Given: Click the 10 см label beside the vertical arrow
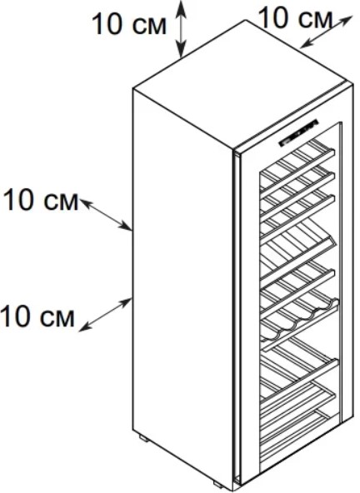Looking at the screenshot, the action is pyautogui.click(x=129, y=24).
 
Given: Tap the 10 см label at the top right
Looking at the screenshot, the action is pyautogui.click(x=296, y=17).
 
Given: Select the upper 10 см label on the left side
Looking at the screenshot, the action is pyautogui.click(x=41, y=200).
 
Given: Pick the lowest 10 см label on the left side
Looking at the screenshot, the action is pyautogui.click(x=37, y=316).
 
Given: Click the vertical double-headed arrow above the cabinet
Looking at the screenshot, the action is pyautogui.click(x=181, y=29).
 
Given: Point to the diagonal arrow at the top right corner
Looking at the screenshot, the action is pyautogui.click(x=325, y=32).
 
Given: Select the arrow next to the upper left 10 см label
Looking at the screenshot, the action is pyautogui.click(x=105, y=214).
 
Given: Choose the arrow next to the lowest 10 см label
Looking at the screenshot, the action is pyautogui.click(x=105, y=315).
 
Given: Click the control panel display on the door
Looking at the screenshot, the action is pyautogui.click(x=298, y=132).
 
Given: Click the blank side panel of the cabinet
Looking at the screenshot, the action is pyautogui.click(x=182, y=283).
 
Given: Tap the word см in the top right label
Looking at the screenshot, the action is pyautogui.click(x=316, y=19).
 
